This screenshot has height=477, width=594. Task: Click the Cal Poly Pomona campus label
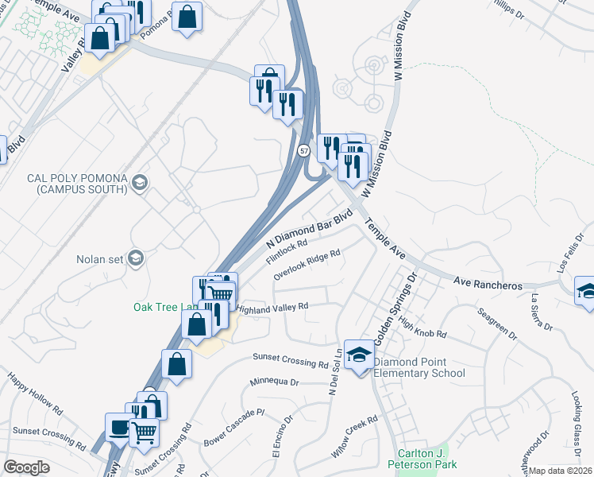[x=77, y=184]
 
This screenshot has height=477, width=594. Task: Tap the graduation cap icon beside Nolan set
[x=136, y=258]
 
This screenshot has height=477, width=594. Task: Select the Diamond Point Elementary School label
[x=418, y=367]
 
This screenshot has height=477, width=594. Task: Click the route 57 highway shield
[x=304, y=149]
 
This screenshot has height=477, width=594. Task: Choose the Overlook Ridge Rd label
[x=307, y=265]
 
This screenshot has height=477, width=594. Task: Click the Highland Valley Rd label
[x=272, y=307]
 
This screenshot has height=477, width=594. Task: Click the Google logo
[x=26, y=467]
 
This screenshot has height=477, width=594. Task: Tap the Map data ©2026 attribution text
[x=560, y=471]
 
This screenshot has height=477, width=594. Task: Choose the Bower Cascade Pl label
[x=233, y=427]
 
